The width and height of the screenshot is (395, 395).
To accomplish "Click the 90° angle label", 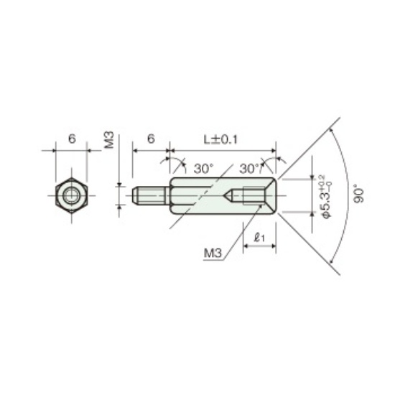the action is (358, 193).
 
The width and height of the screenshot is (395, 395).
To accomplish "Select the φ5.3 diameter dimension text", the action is (327, 197).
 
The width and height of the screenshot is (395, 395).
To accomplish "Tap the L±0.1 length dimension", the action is (220, 139).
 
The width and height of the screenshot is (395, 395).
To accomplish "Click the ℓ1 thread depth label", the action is (259, 237).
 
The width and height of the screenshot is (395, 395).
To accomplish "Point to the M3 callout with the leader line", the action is (213, 253).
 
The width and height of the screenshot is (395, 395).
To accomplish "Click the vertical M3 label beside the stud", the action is (109, 140).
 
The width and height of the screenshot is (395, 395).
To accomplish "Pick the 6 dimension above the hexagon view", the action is (72, 139).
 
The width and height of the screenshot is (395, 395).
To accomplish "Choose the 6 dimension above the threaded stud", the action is (151, 139).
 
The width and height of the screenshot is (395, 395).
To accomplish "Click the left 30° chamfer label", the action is (203, 168).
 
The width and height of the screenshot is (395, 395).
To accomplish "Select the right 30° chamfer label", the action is (249, 168).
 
